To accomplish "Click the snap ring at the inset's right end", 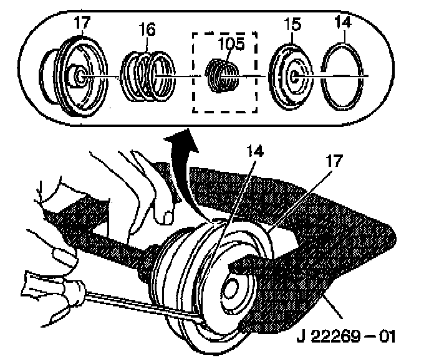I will (345, 75).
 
